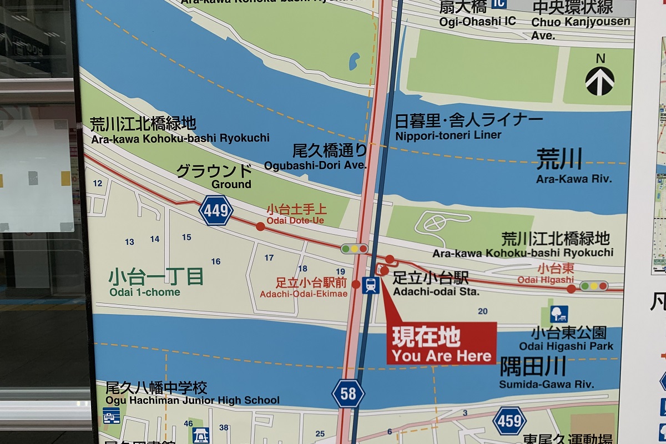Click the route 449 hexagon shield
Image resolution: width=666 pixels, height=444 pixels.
(216, 210)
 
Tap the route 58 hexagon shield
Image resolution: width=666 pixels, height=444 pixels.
(348, 394)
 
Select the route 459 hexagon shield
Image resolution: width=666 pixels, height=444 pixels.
(509, 420)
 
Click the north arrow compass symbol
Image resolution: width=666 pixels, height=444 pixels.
(600, 80)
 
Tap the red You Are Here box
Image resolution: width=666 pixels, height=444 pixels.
(441, 344)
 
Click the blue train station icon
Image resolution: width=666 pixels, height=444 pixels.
(370, 285)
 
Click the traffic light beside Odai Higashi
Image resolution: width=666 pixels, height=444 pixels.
(594, 286)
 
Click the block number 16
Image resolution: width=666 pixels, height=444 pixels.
(216, 261)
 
